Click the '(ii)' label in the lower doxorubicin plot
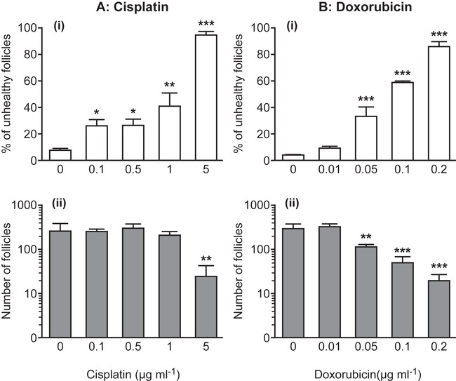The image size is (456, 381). click(283, 207)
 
